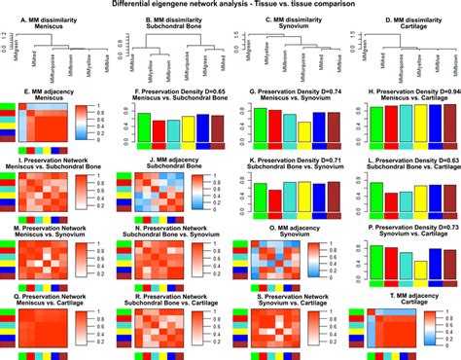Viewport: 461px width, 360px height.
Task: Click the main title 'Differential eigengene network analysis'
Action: point(230,5)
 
